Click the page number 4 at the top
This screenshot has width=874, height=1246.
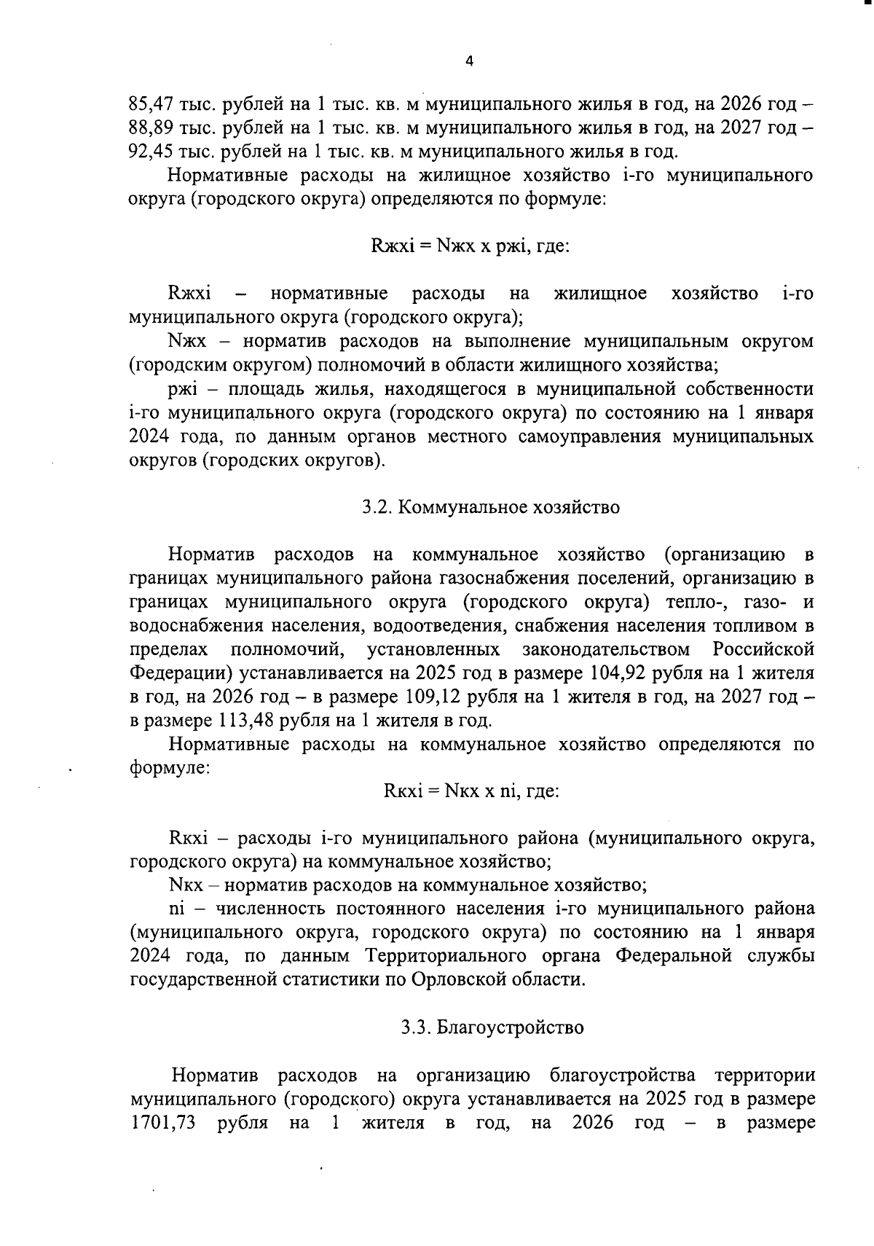click(x=469, y=62)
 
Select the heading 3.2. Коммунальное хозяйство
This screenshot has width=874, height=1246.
click(x=491, y=507)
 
